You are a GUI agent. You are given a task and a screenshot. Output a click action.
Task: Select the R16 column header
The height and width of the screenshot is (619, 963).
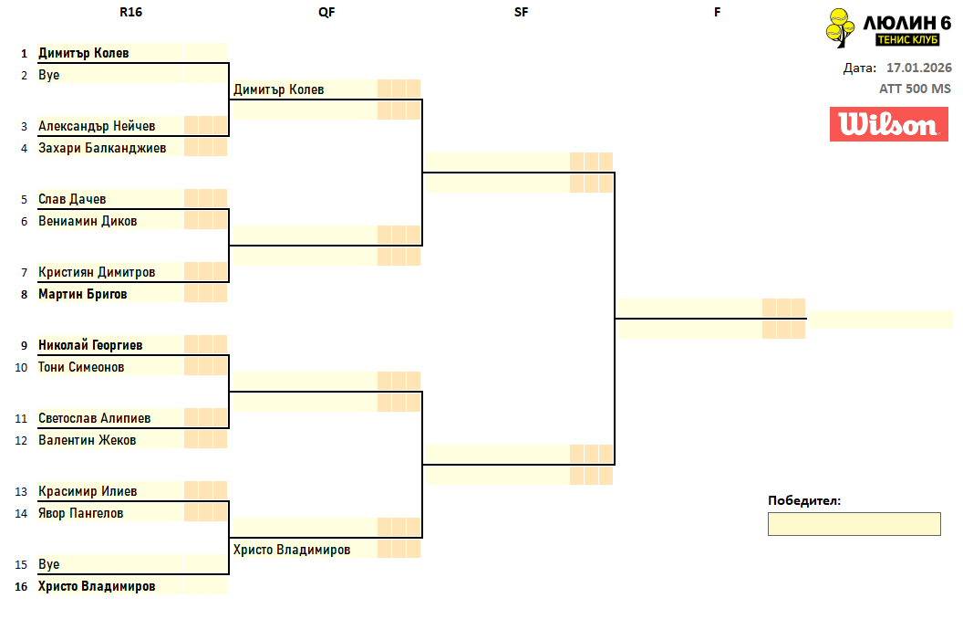[x=130, y=12]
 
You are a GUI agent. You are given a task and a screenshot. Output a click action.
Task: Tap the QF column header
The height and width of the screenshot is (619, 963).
[x=326, y=12]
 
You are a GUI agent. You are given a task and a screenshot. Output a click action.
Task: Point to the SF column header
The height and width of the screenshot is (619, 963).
[x=521, y=12]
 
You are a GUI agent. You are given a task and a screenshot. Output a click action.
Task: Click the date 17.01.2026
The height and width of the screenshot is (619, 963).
[x=918, y=68]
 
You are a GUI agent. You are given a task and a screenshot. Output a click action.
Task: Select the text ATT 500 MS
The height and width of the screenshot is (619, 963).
[x=915, y=89]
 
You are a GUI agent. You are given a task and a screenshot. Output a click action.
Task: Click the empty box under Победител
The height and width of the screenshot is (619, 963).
[x=854, y=524]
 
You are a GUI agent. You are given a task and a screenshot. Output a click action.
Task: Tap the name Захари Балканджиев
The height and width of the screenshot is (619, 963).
[x=102, y=148]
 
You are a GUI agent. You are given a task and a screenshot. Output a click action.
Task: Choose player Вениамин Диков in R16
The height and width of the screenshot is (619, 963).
[x=88, y=221]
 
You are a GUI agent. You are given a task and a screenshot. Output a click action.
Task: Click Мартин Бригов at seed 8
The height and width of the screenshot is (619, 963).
[x=83, y=294]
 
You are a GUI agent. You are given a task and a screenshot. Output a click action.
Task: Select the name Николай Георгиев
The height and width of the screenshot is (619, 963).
[x=90, y=345]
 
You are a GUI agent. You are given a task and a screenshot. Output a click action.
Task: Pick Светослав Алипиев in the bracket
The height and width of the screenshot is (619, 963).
[x=95, y=418]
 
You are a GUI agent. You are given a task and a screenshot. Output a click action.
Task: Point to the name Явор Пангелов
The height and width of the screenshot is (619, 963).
[x=81, y=513]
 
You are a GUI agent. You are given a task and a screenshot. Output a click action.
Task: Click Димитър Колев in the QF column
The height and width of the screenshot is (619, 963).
[x=279, y=89]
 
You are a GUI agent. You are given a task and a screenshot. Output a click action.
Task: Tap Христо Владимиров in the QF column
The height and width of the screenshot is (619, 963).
[x=292, y=550]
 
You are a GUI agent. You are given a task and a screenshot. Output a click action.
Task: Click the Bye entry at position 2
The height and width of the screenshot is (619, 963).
[x=49, y=75]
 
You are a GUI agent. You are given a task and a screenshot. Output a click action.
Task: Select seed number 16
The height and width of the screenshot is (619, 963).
[x=21, y=586]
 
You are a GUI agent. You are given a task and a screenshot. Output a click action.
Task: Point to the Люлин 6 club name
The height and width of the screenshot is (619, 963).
[x=906, y=23]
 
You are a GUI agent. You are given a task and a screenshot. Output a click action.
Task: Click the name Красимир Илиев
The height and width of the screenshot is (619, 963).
[x=88, y=491]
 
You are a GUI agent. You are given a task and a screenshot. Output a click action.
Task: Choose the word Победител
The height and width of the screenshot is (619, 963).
[x=803, y=500]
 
